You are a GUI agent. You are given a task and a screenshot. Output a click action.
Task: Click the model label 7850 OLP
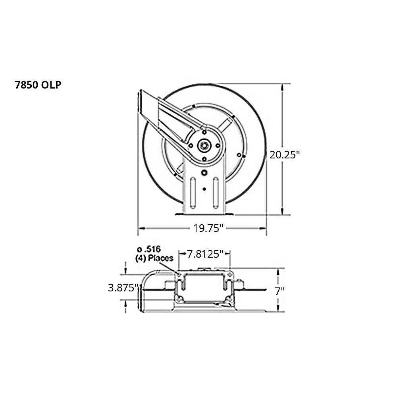pos(38,85)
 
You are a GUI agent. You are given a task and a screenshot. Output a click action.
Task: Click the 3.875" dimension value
pos(123,288)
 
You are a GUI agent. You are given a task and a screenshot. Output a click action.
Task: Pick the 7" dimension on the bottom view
pos(280,291)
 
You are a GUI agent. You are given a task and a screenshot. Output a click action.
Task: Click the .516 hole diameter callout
pos(150,250)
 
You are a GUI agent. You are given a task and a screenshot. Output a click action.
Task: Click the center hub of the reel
pos(204,145)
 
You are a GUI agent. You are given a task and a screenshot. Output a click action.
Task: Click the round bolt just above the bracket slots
pos(204,173)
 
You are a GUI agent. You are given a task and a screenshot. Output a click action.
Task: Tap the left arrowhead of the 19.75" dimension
pos(140,228)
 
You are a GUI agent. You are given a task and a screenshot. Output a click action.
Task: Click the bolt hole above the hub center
pos(204,131)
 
